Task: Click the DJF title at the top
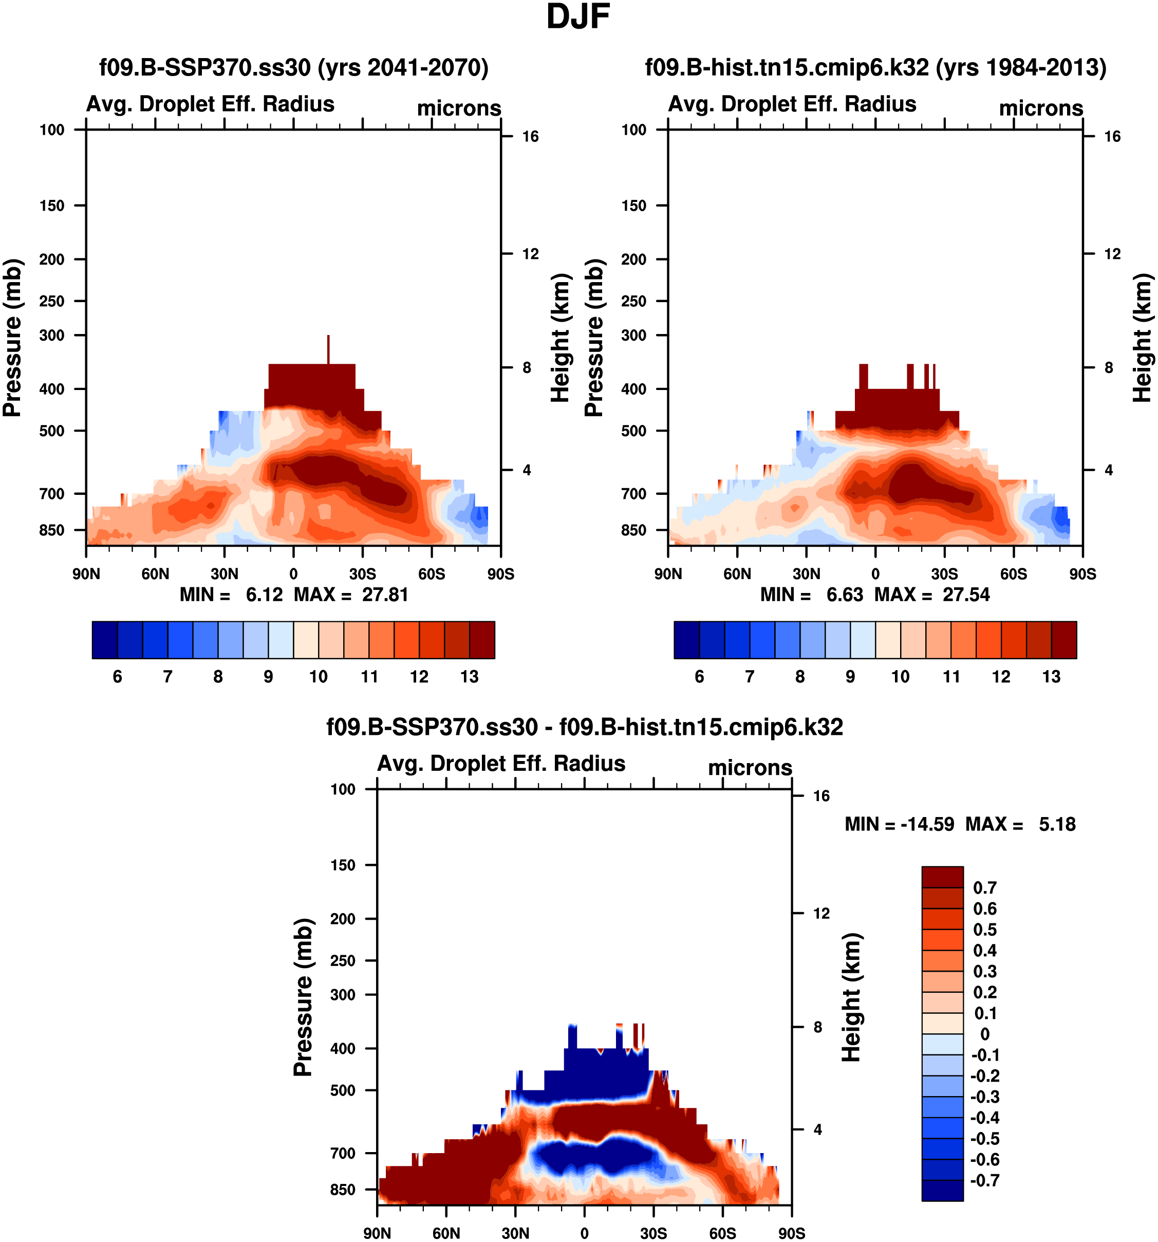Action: (x=578, y=17)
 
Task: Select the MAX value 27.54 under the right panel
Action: (x=966, y=595)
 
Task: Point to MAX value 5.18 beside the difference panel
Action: (x=1057, y=825)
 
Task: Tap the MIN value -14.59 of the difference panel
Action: (x=927, y=825)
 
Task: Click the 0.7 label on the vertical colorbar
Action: (x=984, y=888)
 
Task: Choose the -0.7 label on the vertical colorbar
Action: (x=984, y=1180)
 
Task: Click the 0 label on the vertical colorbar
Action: (x=984, y=1034)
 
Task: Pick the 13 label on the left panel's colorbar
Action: (x=469, y=677)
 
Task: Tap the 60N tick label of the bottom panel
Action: (x=446, y=1233)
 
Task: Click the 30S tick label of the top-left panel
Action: (x=362, y=574)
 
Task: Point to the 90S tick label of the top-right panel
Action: (x=1082, y=574)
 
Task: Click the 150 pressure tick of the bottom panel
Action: (x=342, y=865)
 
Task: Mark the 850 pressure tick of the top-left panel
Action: (x=52, y=530)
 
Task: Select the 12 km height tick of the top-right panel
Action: (x=1112, y=254)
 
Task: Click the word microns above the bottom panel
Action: (x=750, y=768)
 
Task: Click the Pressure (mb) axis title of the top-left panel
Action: (x=12, y=338)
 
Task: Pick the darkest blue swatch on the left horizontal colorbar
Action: (x=104, y=640)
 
